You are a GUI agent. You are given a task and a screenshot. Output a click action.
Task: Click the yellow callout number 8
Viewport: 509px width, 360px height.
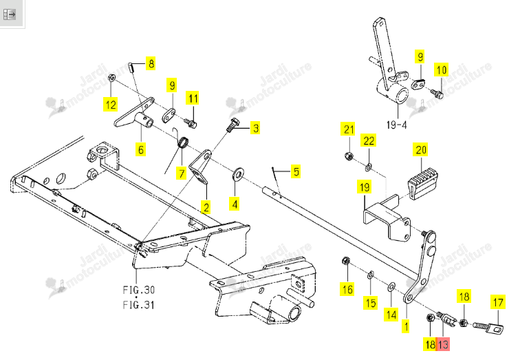(151, 63)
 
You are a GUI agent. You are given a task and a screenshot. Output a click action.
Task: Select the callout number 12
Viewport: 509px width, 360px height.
(111, 105)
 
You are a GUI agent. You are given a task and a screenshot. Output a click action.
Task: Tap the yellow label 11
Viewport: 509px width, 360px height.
(193, 98)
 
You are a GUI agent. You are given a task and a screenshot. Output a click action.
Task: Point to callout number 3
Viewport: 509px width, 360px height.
(256, 128)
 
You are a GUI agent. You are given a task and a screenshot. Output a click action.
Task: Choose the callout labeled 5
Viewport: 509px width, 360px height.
(295, 171)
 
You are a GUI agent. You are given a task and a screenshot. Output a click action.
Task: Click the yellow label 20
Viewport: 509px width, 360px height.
(421, 150)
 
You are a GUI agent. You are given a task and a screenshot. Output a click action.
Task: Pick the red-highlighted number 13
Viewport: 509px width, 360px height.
(443, 344)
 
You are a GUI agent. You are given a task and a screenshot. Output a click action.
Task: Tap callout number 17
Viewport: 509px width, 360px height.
(498, 302)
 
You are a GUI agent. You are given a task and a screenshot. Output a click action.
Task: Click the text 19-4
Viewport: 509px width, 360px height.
(397, 125)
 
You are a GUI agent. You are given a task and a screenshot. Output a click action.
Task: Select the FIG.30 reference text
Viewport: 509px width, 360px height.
(139, 290)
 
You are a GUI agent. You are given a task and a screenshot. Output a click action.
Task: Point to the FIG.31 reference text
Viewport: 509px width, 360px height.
(139, 305)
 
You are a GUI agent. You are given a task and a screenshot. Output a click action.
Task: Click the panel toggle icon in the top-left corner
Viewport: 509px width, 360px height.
(9, 14)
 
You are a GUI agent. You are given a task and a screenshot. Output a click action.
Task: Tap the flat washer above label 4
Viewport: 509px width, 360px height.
(238, 174)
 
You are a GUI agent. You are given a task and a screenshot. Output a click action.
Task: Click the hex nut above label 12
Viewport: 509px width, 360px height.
(111, 78)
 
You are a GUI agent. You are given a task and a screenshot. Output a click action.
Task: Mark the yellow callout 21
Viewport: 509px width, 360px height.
(348, 129)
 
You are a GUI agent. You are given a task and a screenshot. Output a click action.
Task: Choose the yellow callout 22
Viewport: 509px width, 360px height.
(369, 140)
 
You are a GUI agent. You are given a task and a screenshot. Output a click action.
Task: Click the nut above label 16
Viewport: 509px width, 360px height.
(346, 260)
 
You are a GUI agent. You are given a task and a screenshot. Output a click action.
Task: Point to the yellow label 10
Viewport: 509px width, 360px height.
(442, 70)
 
